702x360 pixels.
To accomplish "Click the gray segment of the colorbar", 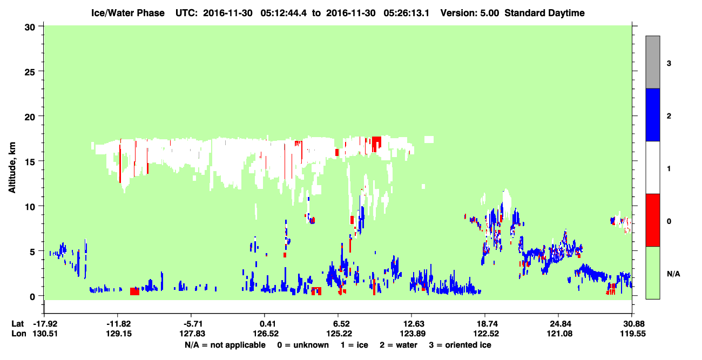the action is click(652, 62).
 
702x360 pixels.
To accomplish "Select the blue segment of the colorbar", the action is click(652, 114).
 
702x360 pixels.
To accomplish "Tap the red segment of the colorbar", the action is click(652, 220).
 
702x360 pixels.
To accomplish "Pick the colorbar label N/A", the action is click(673, 274).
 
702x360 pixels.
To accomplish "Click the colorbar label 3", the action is click(669, 63).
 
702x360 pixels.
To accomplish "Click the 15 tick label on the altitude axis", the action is click(30, 161).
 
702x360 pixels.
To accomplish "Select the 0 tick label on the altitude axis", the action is click(32, 296).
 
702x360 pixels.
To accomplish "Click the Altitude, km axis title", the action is click(12, 167).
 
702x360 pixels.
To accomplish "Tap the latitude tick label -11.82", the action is click(118, 324).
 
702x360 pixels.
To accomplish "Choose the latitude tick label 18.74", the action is click(486, 324).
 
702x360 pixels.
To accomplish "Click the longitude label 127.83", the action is click(192, 334).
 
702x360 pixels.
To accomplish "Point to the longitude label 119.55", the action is click(633, 334).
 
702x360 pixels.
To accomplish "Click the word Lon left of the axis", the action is click(19, 334).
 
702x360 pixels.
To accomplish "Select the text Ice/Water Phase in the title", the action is click(128, 13).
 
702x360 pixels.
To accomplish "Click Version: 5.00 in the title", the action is click(469, 13).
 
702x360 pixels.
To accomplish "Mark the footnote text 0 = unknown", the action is click(303, 345).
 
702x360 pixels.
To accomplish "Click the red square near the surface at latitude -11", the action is click(135, 291).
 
